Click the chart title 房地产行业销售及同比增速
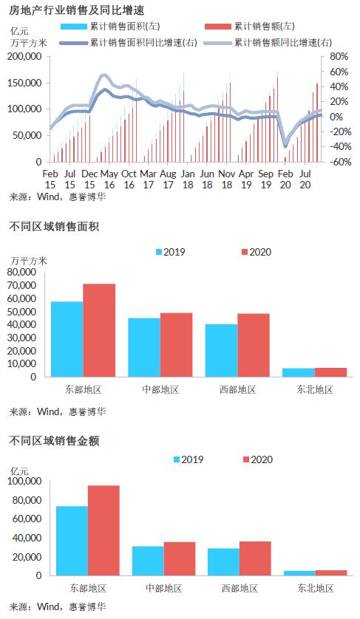click(x=76, y=10)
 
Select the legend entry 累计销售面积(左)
click(x=110, y=27)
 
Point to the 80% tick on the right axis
click(x=339, y=57)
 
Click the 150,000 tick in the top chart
click(x=24, y=83)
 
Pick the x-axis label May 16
click(x=109, y=179)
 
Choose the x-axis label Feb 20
click(x=285, y=179)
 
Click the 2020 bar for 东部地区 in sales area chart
click(x=99, y=330)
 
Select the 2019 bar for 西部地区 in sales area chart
click(x=221, y=351)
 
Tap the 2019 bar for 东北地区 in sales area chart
click(x=299, y=373)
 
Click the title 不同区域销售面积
click(x=54, y=227)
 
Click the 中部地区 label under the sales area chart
click(x=160, y=390)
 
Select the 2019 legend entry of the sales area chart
click(x=170, y=252)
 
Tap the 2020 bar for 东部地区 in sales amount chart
click(x=103, y=530)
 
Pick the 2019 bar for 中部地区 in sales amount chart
click(x=148, y=561)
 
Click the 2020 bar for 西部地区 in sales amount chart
click(x=255, y=558)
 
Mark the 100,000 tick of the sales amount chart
click(x=24, y=481)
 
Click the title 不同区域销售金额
click(x=54, y=440)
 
